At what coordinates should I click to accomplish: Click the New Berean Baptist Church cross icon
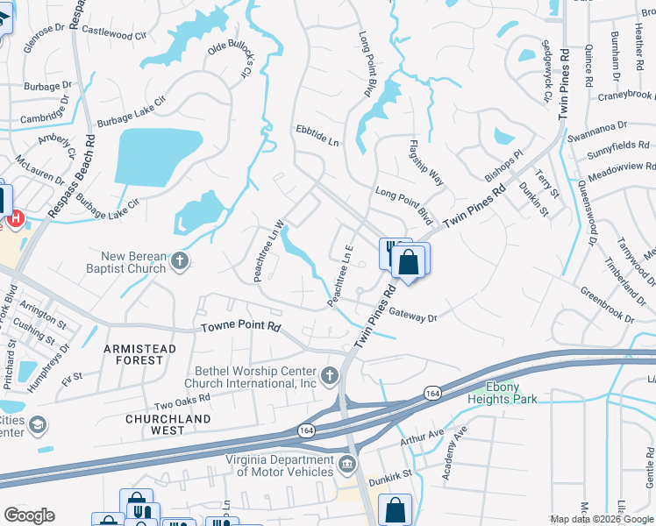point(180,261)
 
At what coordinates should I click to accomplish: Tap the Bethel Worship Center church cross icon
point(330,377)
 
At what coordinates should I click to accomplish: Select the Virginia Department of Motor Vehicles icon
point(348,462)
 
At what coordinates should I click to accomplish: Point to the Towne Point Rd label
point(240,327)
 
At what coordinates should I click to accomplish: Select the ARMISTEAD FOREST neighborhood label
point(140,354)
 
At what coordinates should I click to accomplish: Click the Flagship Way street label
point(427,162)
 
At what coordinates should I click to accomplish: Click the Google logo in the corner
point(30,515)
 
